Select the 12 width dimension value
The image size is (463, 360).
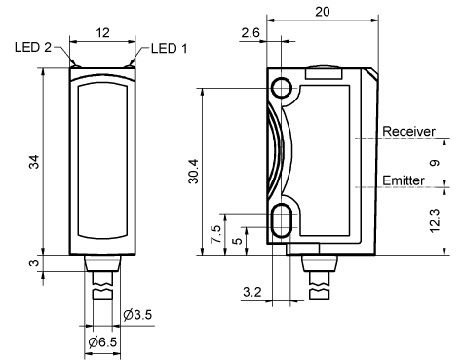pos(101,33)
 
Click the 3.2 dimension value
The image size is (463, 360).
pos(251,292)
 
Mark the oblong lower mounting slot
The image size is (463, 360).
pos(284,220)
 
